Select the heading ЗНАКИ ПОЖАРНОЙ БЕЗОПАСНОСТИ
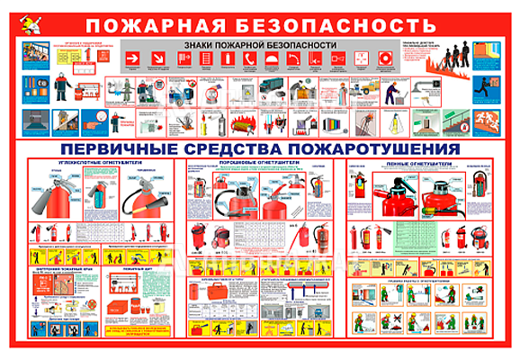click(x=260, y=44)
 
